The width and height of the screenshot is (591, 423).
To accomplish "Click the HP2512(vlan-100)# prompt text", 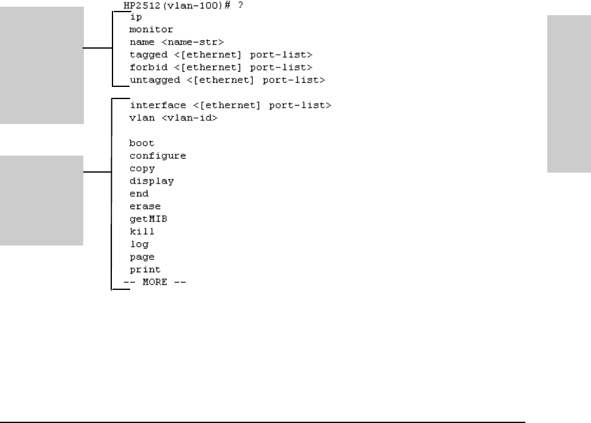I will point(157,5).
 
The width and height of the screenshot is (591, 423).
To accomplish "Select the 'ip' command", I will point(136,17).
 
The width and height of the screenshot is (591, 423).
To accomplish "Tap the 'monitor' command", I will point(151,29).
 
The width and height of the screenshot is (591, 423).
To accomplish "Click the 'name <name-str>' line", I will point(177,42).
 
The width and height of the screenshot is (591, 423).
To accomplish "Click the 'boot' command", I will point(142,143).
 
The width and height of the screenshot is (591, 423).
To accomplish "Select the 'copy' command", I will point(142,168).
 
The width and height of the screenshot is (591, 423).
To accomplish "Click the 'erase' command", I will point(145,206).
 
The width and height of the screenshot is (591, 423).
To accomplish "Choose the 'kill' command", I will point(142,232).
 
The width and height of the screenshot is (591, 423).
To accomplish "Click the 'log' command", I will point(139,244).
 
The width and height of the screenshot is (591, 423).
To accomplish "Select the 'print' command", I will point(145,269).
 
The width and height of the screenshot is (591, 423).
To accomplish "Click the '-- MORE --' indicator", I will point(154,283).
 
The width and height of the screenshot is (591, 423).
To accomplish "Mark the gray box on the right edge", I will point(569,94).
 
